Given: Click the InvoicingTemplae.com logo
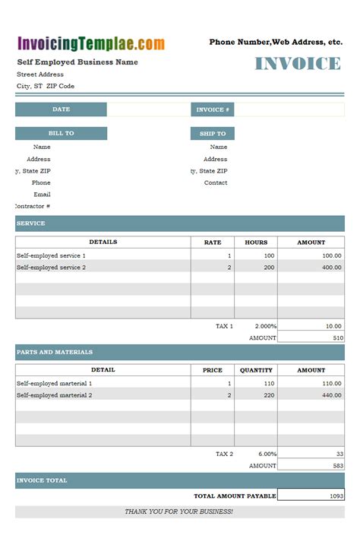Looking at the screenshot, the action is point(91,44).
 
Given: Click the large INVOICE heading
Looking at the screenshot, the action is point(297,64).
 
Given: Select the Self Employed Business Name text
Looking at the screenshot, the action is point(77,62).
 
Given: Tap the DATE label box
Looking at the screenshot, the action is point(61,109).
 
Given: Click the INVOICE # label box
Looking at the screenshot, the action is point(213,109).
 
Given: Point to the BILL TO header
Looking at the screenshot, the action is point(61,134).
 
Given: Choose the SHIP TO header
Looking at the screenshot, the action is point(213,134).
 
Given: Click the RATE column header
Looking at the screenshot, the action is point(213,242).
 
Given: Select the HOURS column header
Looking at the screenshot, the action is point(256,242).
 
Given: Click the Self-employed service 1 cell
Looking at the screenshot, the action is point(52,256).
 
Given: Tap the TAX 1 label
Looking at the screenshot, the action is point(224,326).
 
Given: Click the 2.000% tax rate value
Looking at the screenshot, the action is point(266,326).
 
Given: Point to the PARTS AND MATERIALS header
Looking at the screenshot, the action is point(54,352).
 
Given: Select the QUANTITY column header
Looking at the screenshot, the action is point(256,370).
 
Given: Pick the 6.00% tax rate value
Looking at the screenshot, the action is point(266,454).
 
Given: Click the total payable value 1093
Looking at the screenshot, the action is point(334,496).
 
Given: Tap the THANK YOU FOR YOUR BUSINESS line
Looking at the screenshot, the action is point(178,512).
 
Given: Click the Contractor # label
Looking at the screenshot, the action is point(33,206).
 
